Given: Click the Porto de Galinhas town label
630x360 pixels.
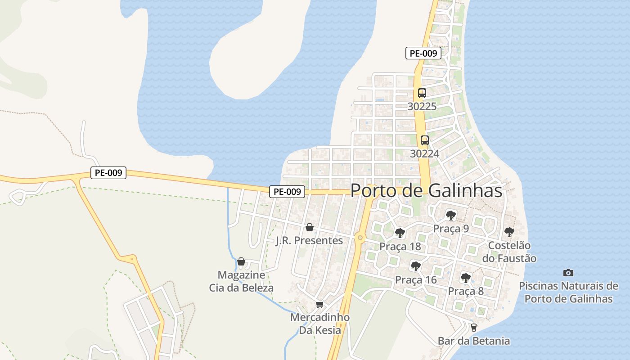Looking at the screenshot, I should tap(426, 190).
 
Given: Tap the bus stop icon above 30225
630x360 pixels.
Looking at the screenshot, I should tap(422, 93).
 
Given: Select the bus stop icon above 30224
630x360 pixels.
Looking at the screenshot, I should tap(424, 140).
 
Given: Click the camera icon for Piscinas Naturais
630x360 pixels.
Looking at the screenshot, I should tap(568, 273).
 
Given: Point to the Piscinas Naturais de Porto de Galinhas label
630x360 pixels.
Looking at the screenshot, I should tap(568, 292).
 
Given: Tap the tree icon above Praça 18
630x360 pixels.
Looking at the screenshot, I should tap(400, 233).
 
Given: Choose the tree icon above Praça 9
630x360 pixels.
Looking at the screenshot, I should tap(450, 215).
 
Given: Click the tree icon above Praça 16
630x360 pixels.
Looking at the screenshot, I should tap(416, 266).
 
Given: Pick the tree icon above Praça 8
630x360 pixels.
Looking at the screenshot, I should tap(465, 278).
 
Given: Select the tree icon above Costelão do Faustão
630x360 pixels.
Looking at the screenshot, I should tap(509, 232).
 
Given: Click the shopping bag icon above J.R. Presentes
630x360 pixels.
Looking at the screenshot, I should tap(309, 227).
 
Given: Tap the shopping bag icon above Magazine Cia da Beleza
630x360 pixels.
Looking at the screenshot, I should tap(241, 261).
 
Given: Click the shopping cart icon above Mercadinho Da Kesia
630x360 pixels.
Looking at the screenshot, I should tap(319, 304).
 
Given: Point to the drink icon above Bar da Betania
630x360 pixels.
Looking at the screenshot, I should tap(473, 327).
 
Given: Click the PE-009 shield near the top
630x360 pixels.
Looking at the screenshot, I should tap(423, 53).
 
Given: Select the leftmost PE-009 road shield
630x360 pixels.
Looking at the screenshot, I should tap(108, 173).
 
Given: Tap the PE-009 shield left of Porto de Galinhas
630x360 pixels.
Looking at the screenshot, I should tap(287, 192).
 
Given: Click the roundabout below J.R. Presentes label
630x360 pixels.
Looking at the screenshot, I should tap(360, 237).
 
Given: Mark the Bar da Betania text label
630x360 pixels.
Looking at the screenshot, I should tap(474, 341).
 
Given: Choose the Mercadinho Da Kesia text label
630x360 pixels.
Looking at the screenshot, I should tap(320, 324).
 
